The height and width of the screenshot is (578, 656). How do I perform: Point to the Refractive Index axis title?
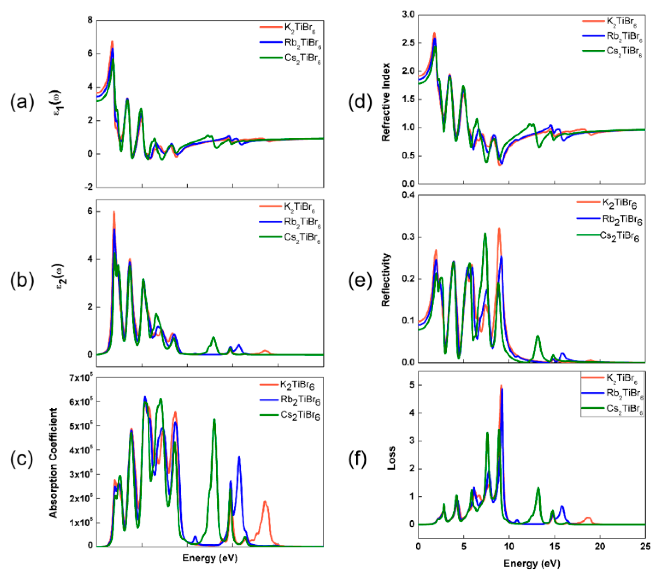coord(386,102)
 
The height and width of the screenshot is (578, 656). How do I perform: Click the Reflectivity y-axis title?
coord(386,280)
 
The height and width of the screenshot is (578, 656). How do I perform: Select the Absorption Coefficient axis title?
coord(53,463)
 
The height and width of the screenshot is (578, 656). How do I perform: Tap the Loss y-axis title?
coord(391,458)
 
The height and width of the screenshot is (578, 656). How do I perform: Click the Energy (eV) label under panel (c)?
coord(210,558)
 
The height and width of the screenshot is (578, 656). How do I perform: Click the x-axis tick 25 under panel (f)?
coord(645,546)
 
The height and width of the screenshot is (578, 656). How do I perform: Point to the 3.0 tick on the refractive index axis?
coord(408,14)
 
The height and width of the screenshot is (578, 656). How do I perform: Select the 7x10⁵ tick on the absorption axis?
coord(81,378)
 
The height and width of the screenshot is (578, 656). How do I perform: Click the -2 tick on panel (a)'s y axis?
coord(88,187)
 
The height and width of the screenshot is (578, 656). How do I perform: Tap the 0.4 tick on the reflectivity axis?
coord(408,195)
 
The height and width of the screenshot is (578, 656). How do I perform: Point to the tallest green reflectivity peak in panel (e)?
coord(485,234)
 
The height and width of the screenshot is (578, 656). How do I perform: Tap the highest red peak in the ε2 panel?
coord(114,212)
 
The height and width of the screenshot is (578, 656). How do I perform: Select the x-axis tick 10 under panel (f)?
coord(509,546)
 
